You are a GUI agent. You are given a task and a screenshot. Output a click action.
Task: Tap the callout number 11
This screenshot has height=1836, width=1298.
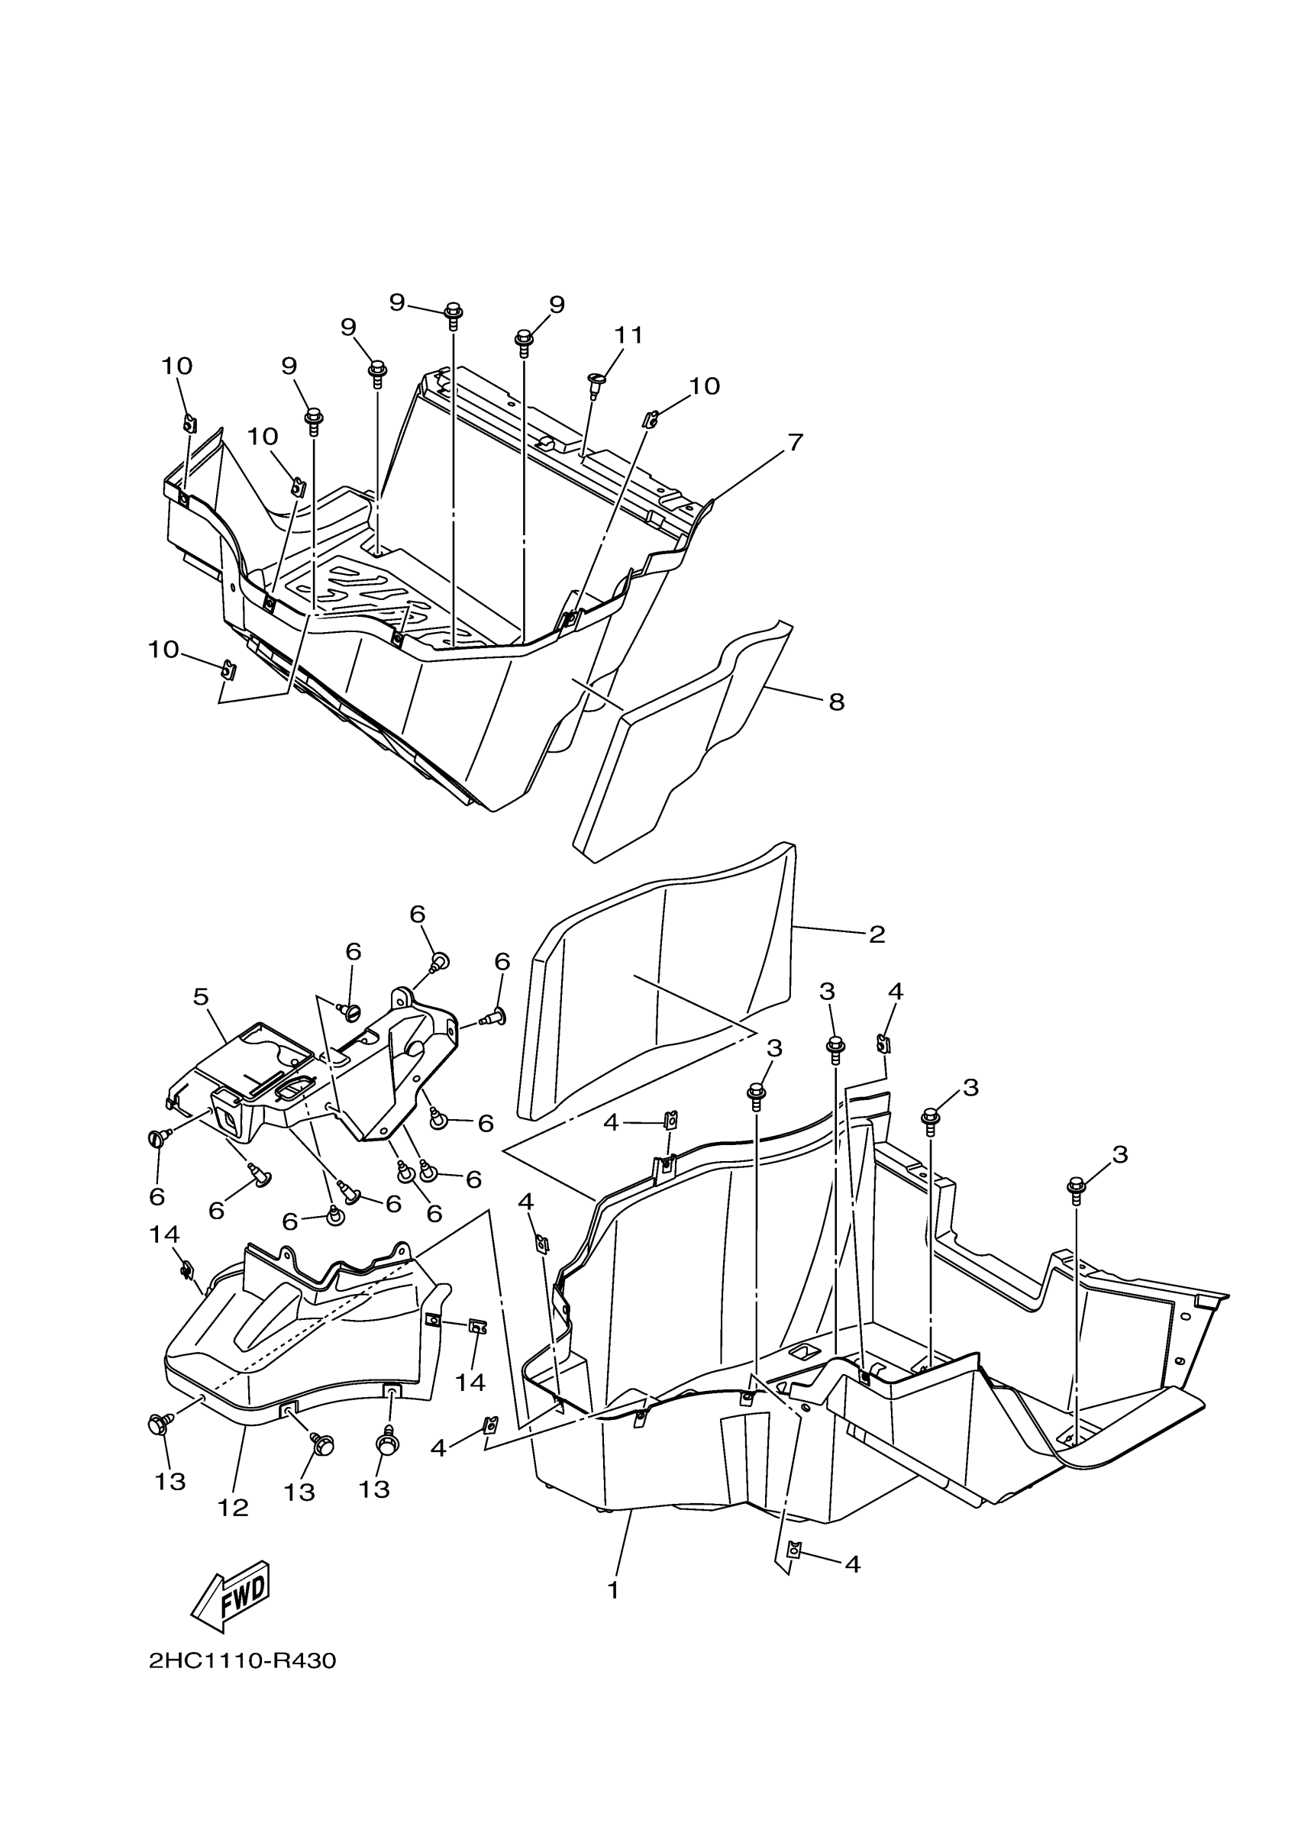628,335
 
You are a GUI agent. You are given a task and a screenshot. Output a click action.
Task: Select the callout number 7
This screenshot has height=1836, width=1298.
794,442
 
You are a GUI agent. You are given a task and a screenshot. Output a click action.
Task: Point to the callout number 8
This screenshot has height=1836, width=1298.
836,702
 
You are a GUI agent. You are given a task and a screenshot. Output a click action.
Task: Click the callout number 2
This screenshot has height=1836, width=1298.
877,934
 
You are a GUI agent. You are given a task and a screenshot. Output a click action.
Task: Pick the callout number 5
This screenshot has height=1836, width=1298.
201,996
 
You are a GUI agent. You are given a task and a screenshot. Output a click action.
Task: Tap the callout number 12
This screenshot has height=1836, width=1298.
233,1507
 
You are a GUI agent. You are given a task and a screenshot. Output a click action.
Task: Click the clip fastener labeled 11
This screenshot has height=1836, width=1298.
596,382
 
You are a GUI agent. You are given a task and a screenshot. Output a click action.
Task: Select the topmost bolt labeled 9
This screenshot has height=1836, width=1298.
453,314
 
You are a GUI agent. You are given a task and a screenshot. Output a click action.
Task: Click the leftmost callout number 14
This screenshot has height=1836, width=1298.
164,1235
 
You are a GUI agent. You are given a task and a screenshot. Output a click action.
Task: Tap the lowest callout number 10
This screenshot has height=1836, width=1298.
163,650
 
